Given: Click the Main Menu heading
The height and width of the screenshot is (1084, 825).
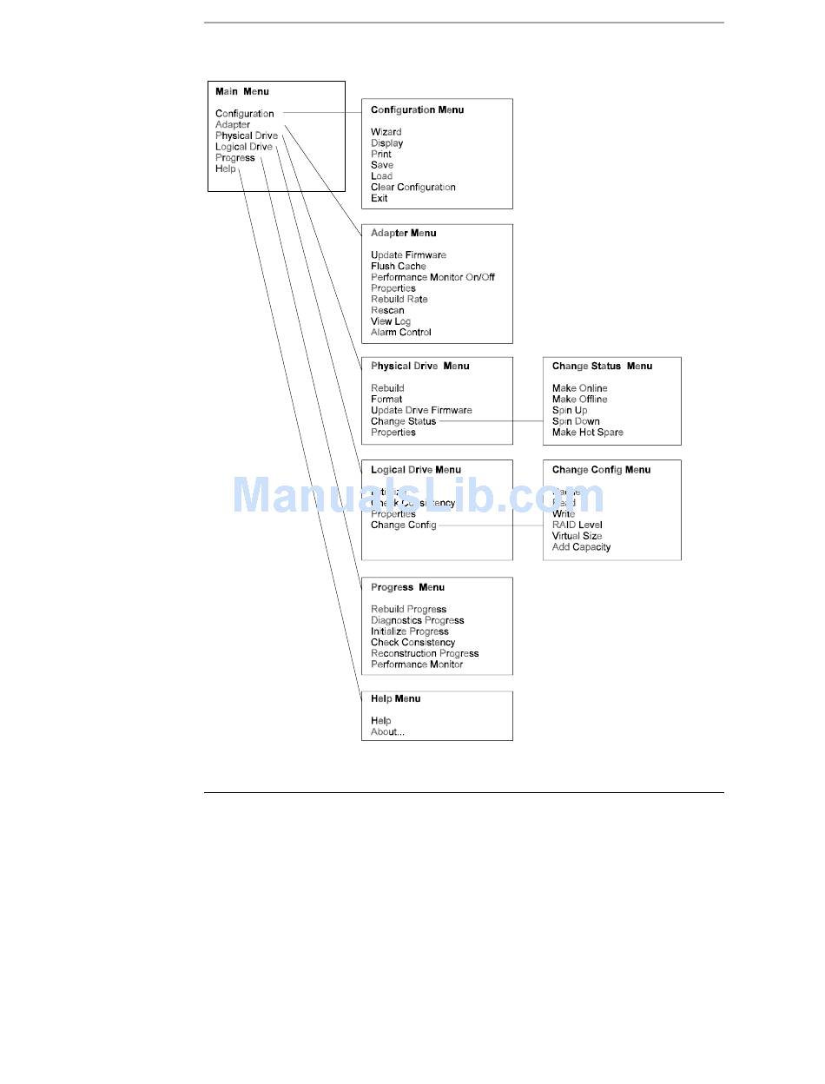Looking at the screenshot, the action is point(242,91).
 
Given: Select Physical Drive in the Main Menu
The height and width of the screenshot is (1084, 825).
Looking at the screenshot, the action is point(247,135).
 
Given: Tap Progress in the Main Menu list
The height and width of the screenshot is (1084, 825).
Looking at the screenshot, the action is point(235,158).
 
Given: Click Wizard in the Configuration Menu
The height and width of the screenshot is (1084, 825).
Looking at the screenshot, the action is point(386,132).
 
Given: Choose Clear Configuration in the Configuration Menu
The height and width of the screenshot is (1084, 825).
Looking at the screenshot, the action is point(412,187).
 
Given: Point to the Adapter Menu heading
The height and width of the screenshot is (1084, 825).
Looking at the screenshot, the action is point(403,233).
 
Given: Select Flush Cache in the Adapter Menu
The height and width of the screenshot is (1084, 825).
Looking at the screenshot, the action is point(398,266).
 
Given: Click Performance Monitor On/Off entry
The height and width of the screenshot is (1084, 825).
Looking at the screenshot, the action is point(432,277).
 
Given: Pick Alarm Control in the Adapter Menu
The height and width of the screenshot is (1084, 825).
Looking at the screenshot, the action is point(400,332).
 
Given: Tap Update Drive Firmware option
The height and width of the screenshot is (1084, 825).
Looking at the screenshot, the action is point(421,410).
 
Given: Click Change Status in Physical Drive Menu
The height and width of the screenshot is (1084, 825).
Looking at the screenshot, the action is point(403,421).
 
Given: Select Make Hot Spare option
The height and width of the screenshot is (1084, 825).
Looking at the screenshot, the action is point(587,432).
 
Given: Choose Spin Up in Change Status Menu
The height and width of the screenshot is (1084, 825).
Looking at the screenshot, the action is point(569,410).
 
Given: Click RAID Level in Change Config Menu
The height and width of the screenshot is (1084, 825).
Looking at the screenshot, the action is point(577,525).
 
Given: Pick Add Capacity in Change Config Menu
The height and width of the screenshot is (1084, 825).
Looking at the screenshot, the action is point(581,547).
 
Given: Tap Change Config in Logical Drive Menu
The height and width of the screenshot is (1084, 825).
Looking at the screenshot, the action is point(403,525).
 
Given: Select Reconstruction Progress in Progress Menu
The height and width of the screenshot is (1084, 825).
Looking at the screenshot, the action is point(425,653).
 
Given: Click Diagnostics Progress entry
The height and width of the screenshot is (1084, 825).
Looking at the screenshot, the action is point(417,620).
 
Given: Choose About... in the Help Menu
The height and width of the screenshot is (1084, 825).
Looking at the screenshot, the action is point(387,731).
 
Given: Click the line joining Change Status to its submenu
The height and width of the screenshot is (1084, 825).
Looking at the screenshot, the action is point(491,421).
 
